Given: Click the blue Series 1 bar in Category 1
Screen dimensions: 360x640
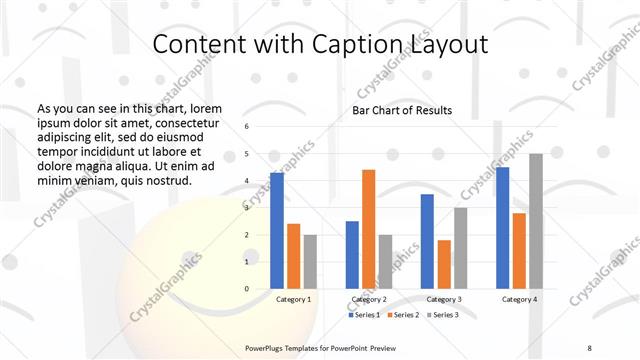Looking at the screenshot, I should pyautogui.click(x=277, y=231).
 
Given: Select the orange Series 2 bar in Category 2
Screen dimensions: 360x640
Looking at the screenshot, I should pyautogui.click(x=368, y=229).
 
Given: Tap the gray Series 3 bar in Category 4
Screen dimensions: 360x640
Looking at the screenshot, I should pyautogui.click(x=536, y=221).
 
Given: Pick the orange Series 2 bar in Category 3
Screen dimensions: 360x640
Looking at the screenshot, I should pyautogui.click(x=444, y=264).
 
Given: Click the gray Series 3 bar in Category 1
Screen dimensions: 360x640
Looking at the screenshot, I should pyautogui.click(x=310, y=262).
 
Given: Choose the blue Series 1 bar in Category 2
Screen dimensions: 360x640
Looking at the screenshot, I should pyautogui.click(x=352, y=255).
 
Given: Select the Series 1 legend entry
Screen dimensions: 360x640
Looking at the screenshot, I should pyautogui.click(x=365, y=315).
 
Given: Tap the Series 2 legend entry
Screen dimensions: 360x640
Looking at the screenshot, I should pyautogui.click(x=402, y=315).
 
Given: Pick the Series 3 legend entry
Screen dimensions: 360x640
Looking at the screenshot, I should pyautogui.click(x=441, y=315).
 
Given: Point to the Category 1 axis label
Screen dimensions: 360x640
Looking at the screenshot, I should pyautogui.click(x=293, y=299).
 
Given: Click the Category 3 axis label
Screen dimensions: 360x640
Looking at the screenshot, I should pyautogui.click(x=444, y=299).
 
